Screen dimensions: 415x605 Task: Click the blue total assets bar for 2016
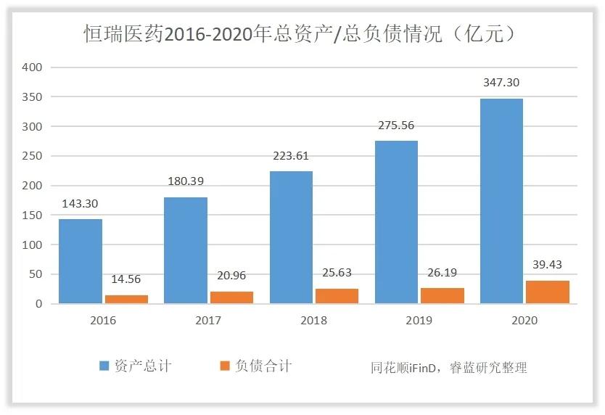click(x=81, y=261)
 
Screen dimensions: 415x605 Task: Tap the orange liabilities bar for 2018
click(x=337, y=296)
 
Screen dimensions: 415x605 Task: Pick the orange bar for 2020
click(x=548, y=292)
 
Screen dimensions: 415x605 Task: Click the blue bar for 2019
click(x=396, y=222)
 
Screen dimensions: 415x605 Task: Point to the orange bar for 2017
click(x=231, y=297)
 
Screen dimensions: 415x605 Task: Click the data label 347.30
click(x=501, y=83)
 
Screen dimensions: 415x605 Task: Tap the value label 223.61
click(x=291, y=156)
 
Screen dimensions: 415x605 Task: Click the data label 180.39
click(x=186, y=181)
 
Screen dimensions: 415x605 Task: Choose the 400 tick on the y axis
click(x=33, y=67)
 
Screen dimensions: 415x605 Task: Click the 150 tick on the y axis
click(x=33, y=215)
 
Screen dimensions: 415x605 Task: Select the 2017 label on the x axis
click(x=208, y=320)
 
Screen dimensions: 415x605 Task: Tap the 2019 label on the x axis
click(x=419, y=320)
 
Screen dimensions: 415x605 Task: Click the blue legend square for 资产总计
click(x=104, y=366)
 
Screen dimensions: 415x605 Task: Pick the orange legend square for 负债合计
click(x=225, y=366)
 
